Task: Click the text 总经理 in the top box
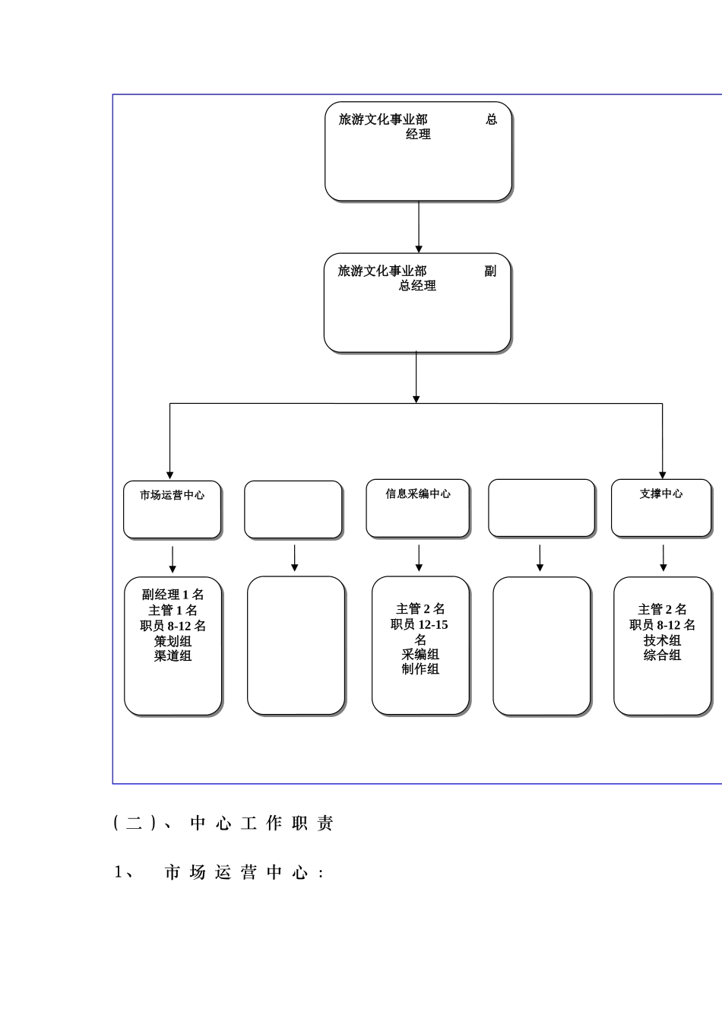[418, 127]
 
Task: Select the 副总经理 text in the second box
[417, 278]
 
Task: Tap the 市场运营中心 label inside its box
[172, 495]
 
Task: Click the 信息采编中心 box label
[418, 494]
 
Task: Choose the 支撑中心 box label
[661, 494]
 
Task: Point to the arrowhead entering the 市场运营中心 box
[169, 474]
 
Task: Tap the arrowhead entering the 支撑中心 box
[663, 474]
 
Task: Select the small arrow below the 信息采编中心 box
[419, 558]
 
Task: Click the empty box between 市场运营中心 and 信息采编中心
[293, 509]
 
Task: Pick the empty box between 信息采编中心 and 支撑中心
[541, 508]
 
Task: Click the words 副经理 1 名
[173, 595]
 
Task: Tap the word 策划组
[173, 641]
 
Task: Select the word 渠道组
[173, 655]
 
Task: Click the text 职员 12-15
[420, 624]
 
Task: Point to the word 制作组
[420, 669]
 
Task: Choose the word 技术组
[662, 640]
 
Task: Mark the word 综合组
[662, 655]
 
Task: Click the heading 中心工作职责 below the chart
[261, 824]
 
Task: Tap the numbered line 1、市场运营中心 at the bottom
[220, 873]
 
